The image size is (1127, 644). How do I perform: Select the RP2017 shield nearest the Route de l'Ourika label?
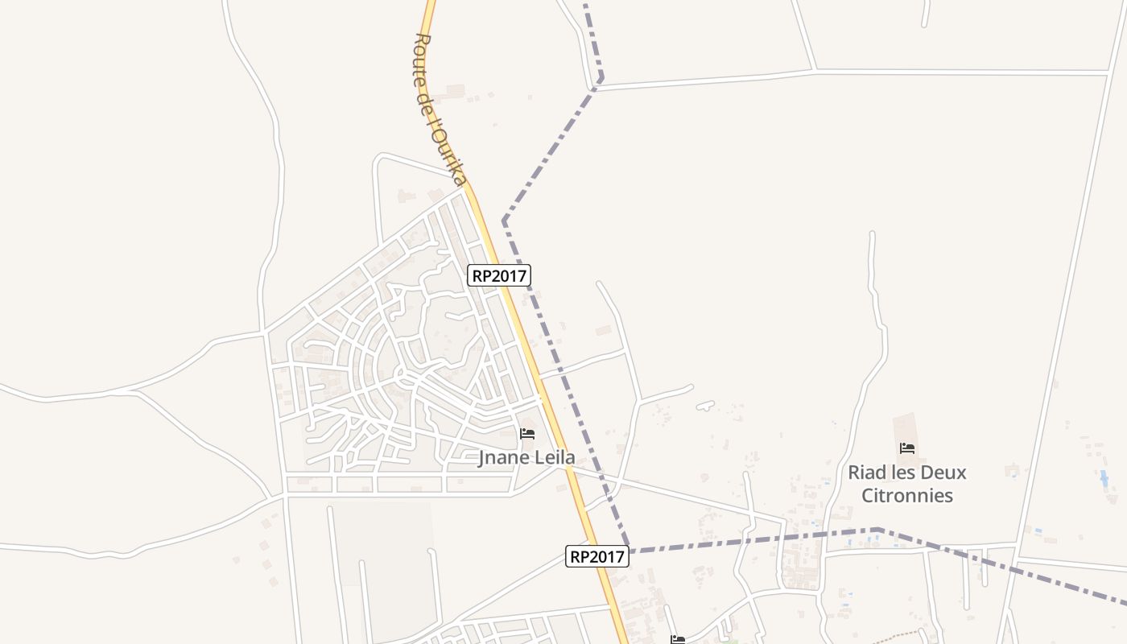pyautogui.click(x=498, y=275)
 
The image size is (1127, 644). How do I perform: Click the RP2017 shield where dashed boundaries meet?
pyautogui.click(x=597, y=556)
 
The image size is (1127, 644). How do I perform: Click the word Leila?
pyautogui.click(x=553, y=458)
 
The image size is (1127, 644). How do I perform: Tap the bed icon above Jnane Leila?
pyautogui.click(x=527, y=434)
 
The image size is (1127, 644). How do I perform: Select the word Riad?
pyautogui.click(x=866, y=473)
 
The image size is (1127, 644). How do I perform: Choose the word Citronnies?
pyautogui.click(x=907, y=495)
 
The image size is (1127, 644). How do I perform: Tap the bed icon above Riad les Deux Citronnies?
pyautogui.click(x=907, y=448)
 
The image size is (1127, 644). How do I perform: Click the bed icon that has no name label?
pyautogui.click(x=678, y=640)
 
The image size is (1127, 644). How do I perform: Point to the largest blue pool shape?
pyautogui.click(x=1103, y=479)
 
